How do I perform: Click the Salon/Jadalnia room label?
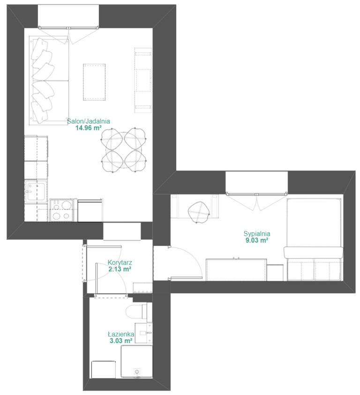pos(89,121)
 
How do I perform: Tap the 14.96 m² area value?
pos(89,128)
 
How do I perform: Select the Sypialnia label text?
pos(257,234)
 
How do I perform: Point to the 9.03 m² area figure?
pos(257,240)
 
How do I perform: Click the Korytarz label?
pos(120,262)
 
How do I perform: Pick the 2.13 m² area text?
pos(120,269)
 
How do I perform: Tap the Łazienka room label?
pos(121,334)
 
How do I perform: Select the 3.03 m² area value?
pos(121,341)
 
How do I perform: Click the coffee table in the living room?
pos(94,82)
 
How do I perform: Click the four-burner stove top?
pos(62,210)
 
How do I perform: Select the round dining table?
pos(124,150)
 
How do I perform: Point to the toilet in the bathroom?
pos(136,311)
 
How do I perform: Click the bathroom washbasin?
pos(144,333)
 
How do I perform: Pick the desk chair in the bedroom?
pos(199,212)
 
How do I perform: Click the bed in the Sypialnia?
pos(315,239)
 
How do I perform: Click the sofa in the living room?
pos(49,81)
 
